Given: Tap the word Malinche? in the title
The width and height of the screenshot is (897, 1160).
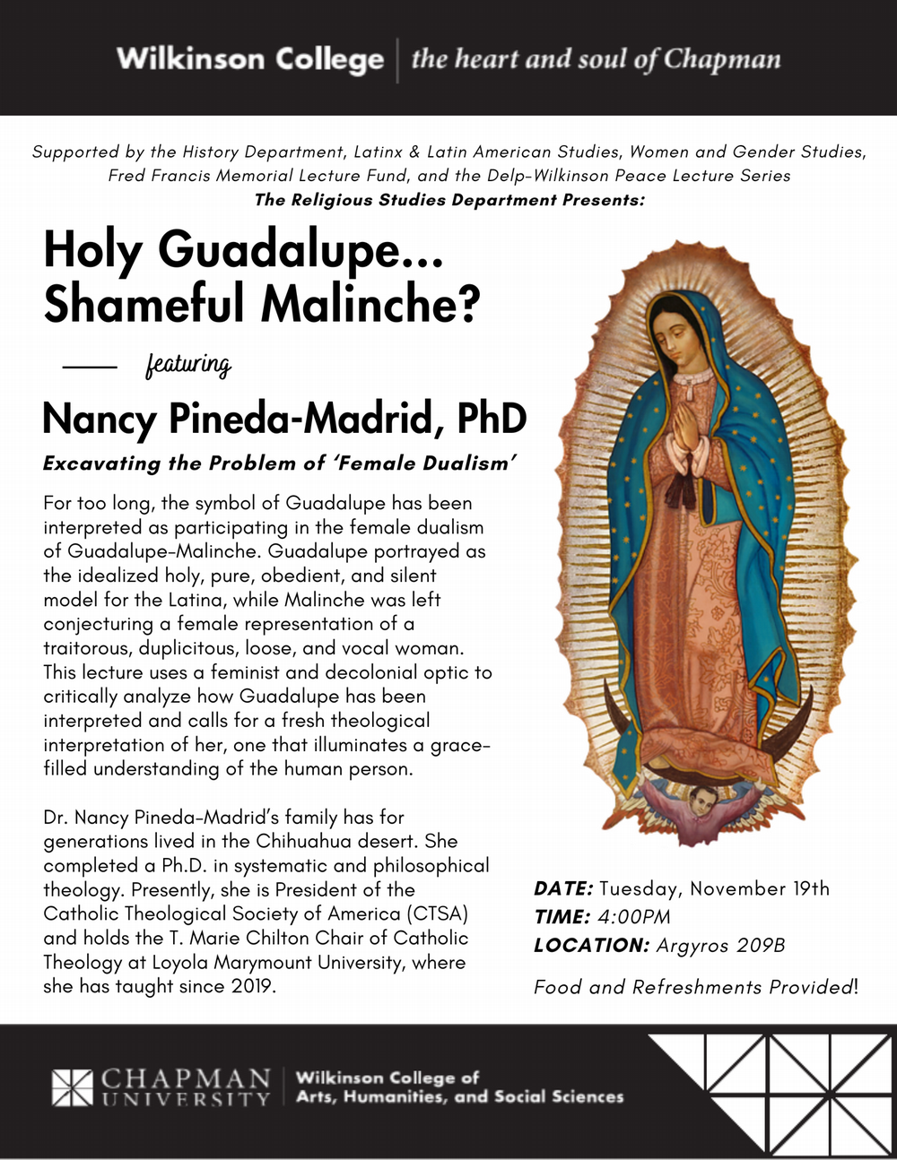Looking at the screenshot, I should [376, 305].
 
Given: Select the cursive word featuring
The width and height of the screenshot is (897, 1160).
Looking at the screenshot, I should [188, 365].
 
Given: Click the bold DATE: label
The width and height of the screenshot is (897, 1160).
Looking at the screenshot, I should [563, 889].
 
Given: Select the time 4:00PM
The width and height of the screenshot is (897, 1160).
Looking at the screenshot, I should [634, 917].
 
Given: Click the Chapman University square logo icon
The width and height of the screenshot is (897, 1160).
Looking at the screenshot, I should [72, 1086].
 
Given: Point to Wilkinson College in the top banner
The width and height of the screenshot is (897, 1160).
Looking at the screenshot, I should [249, 59].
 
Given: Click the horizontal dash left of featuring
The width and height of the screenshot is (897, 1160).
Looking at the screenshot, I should [90, 367].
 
